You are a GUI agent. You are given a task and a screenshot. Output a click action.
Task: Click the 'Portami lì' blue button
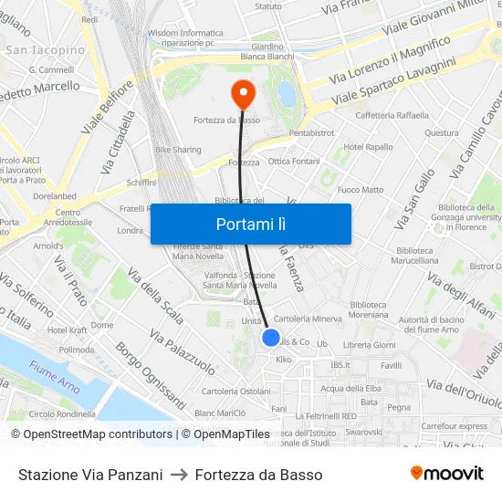[x=250, y=224]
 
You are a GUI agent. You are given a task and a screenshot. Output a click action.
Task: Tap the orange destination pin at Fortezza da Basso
[x=243, y=92]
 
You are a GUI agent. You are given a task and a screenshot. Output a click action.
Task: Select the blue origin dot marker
[x=271, y=338]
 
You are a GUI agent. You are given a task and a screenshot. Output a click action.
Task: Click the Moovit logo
[x=446, y=474]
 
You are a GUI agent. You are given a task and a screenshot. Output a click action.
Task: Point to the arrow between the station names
[x=179, y=475]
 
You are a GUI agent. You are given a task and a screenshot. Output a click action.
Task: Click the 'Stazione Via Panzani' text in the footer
[x=90, y=475]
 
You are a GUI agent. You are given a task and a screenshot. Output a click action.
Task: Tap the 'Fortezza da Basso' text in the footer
[x=258, y=475]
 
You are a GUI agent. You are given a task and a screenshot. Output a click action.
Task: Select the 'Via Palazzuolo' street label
[x=183, y=355]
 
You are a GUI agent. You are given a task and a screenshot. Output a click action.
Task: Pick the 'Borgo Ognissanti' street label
[x=150, y=380]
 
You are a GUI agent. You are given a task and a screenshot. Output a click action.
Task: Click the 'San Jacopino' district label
[x=46, y=50]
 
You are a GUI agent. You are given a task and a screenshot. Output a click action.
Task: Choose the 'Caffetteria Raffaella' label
[x=392, y=115]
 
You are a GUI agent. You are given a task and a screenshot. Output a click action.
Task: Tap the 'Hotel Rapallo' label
[x=368, y=147]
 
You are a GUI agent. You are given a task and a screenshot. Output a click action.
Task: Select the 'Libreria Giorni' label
[x=369, y=344]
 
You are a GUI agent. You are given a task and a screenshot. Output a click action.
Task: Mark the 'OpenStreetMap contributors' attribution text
[x=95, y=434]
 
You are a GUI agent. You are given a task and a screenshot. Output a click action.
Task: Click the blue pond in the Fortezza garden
[x=288, y=93]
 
